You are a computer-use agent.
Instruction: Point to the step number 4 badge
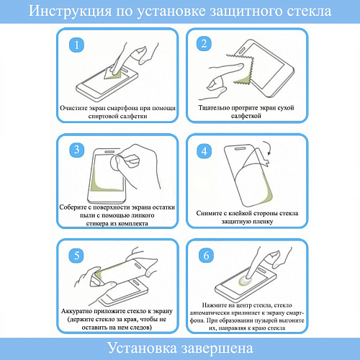coord(204,150)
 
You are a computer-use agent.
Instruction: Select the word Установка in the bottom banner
coord(140,348)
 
